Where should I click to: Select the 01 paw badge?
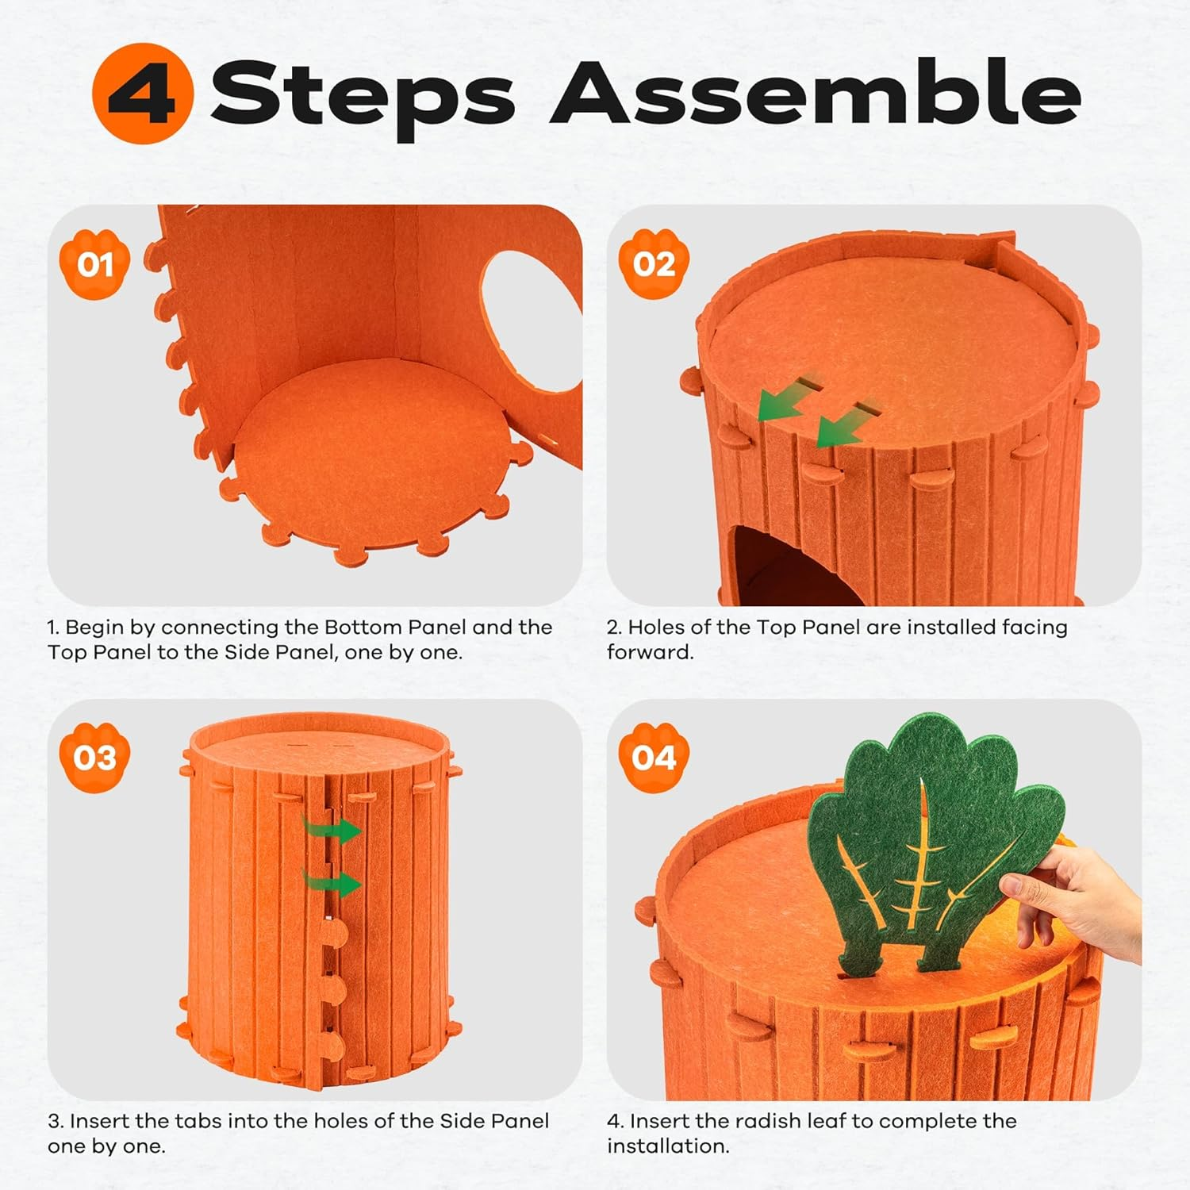94,264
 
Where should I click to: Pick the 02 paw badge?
654,264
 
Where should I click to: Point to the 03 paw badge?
94,758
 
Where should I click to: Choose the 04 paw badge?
654,758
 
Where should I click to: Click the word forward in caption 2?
650,652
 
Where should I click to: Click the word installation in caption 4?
667,1146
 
